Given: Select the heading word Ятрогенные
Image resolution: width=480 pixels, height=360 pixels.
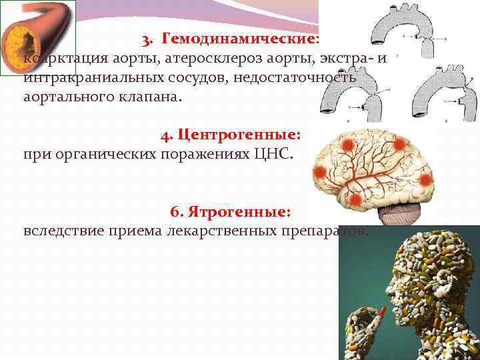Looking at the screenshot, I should pos(239,211).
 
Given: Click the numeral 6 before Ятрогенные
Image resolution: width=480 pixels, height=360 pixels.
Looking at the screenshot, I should pos(175,211).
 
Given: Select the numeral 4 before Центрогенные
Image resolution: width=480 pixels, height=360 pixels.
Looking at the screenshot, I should pos(165,135).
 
